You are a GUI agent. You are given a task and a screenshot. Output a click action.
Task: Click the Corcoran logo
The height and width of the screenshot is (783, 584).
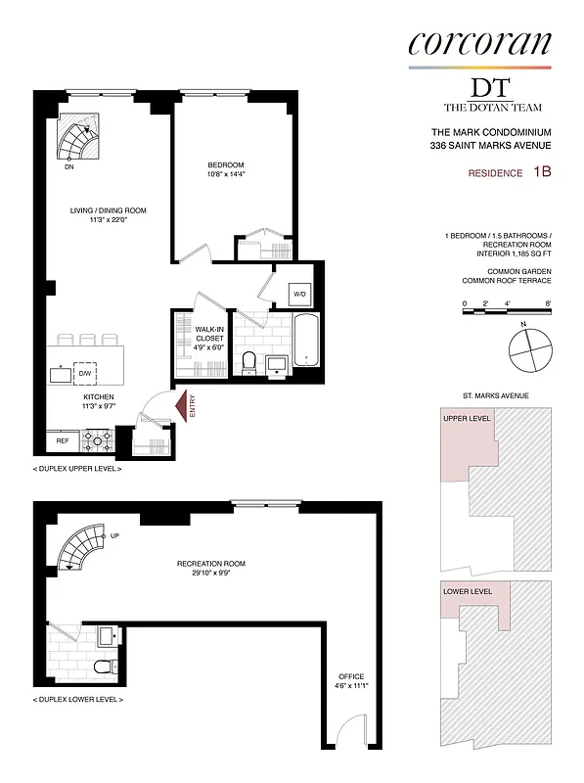(479, 42)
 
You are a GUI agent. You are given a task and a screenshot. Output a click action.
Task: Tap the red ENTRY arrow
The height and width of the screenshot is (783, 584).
(179, 404)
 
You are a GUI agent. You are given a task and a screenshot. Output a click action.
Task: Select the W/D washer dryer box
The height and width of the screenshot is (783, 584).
(299, 294)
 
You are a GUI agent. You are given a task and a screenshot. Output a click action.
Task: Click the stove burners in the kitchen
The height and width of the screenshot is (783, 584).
(99, 441)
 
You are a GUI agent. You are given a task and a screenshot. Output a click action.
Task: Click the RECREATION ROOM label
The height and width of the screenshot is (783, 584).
(210, 564)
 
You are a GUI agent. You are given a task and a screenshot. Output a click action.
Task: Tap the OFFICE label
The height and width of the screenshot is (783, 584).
(351, 676)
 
